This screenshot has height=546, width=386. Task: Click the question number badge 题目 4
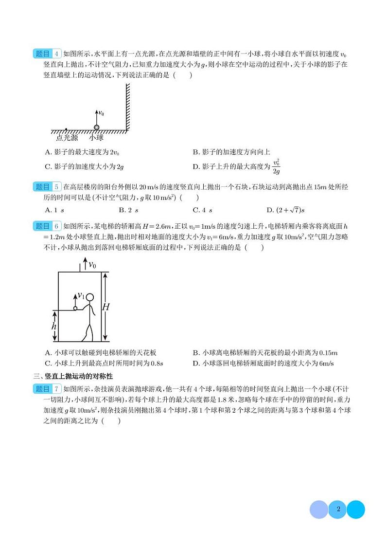[48, 54]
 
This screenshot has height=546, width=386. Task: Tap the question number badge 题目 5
[48, 187]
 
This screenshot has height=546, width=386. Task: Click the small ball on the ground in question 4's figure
[96, 127]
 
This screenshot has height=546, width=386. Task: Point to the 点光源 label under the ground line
[67, 138]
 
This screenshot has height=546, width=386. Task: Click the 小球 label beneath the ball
[96, 138]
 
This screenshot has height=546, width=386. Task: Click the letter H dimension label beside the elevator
[106, 307]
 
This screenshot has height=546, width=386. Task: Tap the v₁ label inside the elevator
[81, 296]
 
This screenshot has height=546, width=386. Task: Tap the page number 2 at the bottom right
[337, 510]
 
